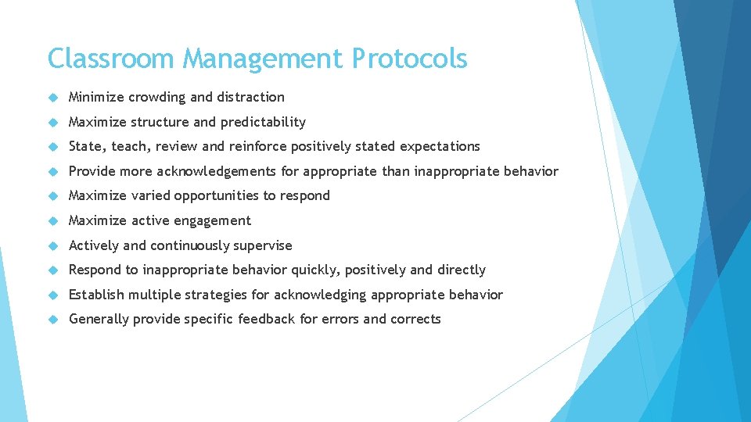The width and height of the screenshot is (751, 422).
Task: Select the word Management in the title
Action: pyautogui.click(x=262, y=59)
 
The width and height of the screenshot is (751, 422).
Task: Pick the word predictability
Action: pyautogui.click(x=263, y=122)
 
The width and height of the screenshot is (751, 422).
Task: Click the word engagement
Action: pyautogui.click(x=213, y=220)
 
